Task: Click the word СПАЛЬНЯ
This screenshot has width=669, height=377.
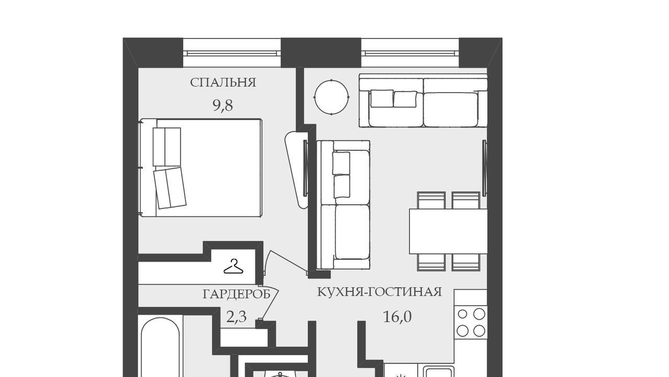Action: coord(223,83)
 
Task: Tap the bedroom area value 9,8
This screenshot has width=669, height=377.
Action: coord(223,105)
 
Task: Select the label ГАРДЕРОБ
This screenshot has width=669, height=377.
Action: coord(237,295)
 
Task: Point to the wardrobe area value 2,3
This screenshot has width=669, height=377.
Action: coord(237,317)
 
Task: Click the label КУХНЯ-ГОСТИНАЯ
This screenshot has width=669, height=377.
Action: coord(380,292)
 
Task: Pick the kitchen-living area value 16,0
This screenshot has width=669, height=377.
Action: coord(397,317)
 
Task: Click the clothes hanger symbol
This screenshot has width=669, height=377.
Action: coord(233,267)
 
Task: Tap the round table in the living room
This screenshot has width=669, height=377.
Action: coord(331,97)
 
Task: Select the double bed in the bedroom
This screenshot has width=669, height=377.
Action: coord(200,168)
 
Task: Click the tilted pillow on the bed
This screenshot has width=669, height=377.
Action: coord(170,188)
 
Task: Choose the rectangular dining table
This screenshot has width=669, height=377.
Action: coord(448,231)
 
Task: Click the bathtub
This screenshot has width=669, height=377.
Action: coord(161,347)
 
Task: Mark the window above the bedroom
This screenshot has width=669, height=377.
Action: coord(232,53)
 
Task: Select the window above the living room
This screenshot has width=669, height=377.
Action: coord(410,53)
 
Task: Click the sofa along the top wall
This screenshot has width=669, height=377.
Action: coord(423,101)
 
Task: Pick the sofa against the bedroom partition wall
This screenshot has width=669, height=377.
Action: coord(343,205)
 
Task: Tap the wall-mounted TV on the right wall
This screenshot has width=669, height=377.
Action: coord(484,168)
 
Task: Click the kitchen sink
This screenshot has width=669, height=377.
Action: coord(439,372)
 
